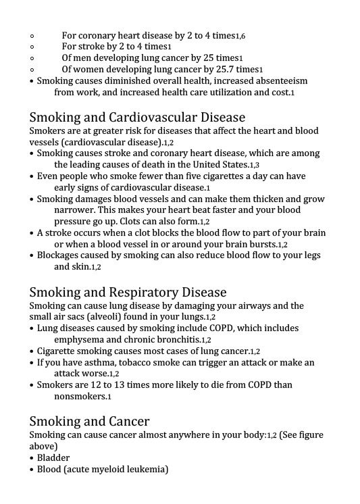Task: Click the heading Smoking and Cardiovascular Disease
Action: pyautogui.click(x=137, y=118)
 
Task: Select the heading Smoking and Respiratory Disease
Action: pyautogui.click(x=128, y=293)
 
